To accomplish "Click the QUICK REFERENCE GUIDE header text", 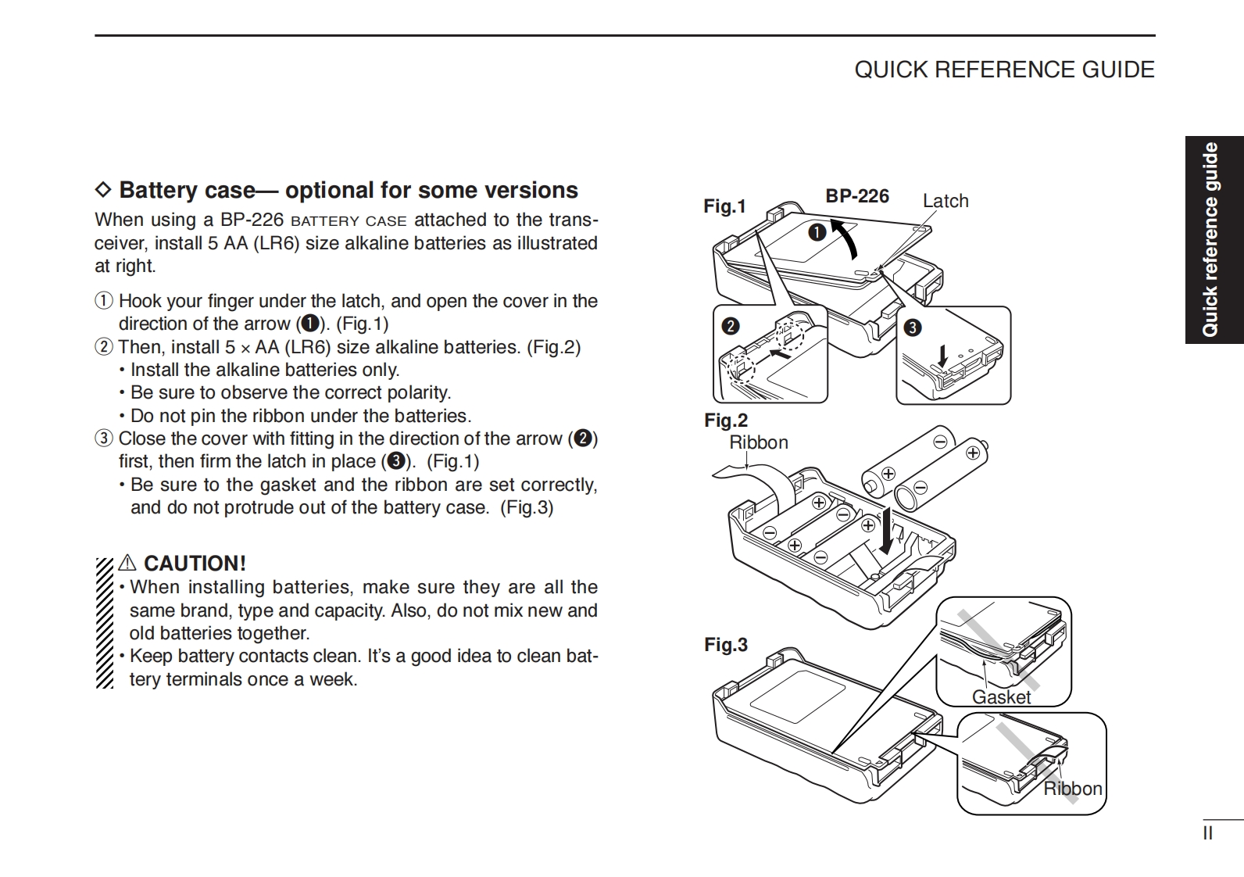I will click(1004, 70).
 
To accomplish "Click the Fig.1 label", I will click(724, 206).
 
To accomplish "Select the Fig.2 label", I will click(726, 421).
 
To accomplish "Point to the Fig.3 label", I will click(726, 645).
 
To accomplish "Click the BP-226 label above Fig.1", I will click(857, 196).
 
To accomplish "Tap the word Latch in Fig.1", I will click(946, 201).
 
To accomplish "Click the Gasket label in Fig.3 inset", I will click(1001, 697).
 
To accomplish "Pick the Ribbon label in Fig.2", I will click(759, 442).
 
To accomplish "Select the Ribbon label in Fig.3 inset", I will click(1073, 789).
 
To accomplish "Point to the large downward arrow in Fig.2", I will click(886, 532).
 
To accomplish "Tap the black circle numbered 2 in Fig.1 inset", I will click(731, 325).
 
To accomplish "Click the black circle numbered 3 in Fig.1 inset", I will click(912, 328).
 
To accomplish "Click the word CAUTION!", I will click(195, 564).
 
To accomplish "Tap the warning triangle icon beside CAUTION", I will click(128, 564).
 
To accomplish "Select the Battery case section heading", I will click(348, 190).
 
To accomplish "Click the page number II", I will click(1207, 833).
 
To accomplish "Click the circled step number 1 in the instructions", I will click(104, 301).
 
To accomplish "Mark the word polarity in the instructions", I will click(420, 392).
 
